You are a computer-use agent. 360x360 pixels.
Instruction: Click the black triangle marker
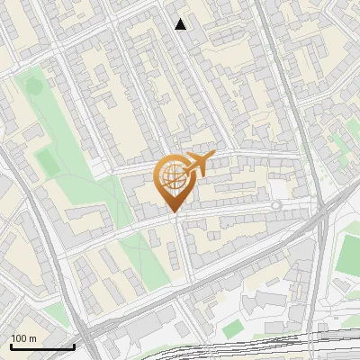[x=181, y=24]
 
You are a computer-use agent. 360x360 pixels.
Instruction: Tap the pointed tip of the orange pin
[x=173, y=212]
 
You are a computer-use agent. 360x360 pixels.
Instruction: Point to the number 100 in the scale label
[x=20, y=338]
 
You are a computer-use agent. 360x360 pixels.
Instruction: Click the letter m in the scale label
[x=32, y=338]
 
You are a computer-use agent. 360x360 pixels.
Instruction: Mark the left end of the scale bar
[x=11, y=347]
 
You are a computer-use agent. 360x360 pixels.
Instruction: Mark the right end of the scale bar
[x=75, y=347]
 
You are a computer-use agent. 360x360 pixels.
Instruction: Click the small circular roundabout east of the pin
[x=276, y=206]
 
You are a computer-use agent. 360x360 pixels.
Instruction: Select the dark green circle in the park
[x=33, y=86]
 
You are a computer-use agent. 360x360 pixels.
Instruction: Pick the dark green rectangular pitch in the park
[x=46, y=162]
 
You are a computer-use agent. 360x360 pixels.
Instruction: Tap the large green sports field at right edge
[x=349, y=256]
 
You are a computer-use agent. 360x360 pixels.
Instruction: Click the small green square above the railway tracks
[x=232, y=327]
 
